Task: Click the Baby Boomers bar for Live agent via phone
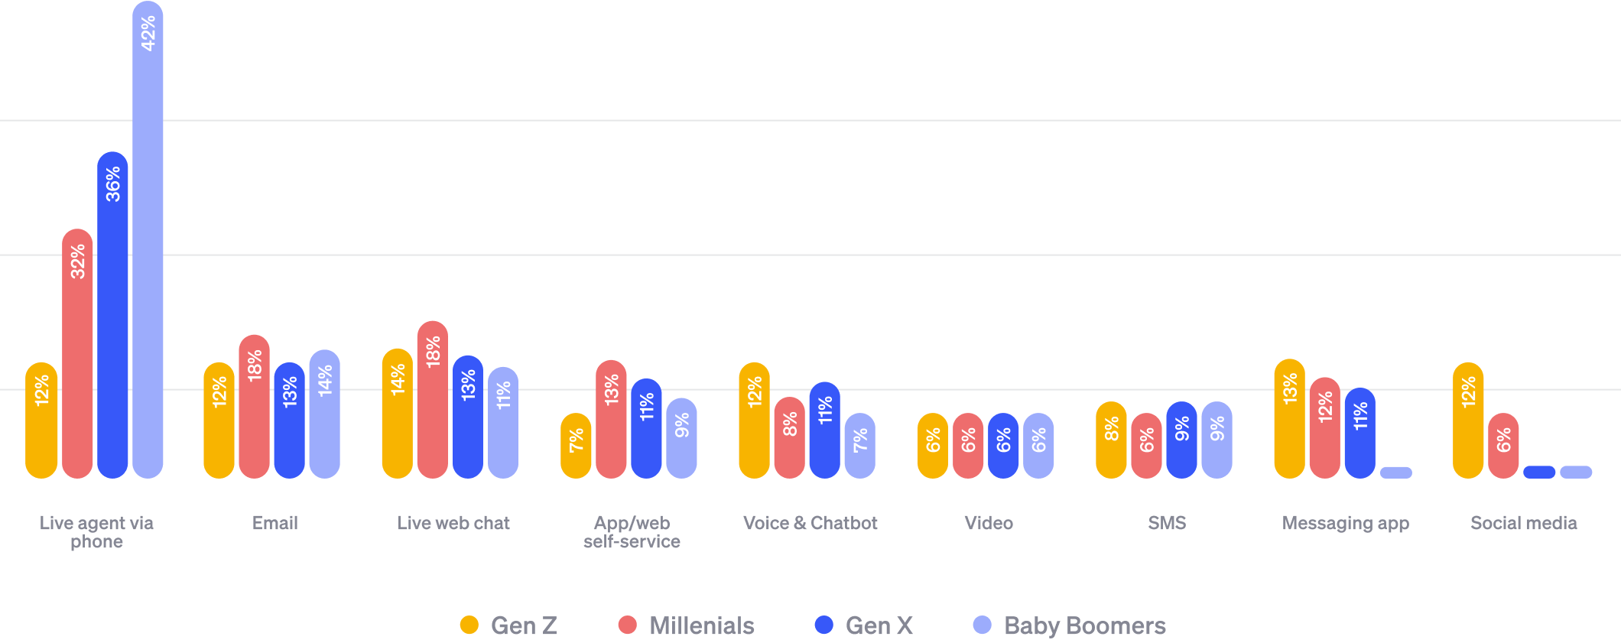coord(148,245)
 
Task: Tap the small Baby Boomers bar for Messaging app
coord(1395,473)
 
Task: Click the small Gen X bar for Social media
coord(1539,473)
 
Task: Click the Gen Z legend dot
coord(469,625)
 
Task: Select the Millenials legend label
coord(701,625)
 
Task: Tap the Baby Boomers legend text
coord(1084,625)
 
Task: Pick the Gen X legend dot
coord(824,625)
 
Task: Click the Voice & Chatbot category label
coord(810,523)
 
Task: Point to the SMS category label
coord(1167,523)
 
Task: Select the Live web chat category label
coord(453,523)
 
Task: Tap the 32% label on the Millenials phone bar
coord(78,261)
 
